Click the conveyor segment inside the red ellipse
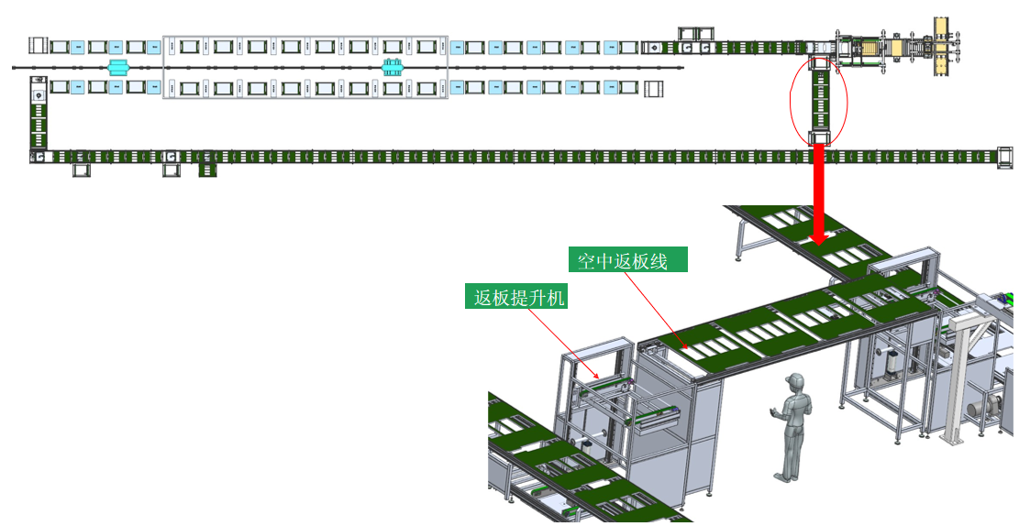[x=818, y=101]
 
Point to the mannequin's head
[x=795, y=382]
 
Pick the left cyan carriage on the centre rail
[x=117, y=67]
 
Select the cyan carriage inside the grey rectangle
[x=393, y=66]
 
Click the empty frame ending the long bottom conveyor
[x=1005, y=157]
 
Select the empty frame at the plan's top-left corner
[x=37, y=45]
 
